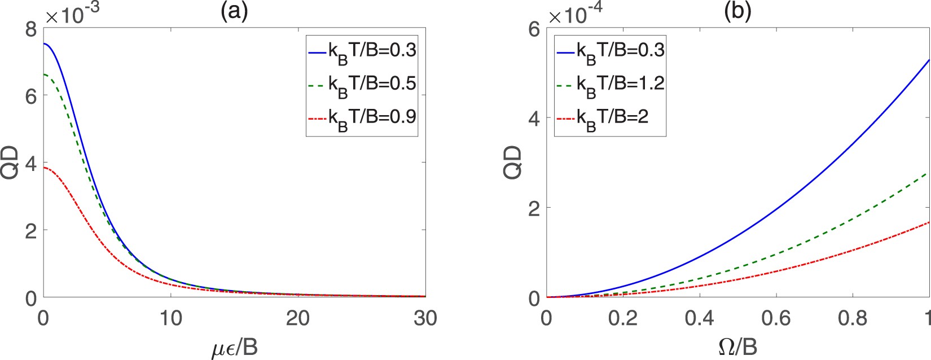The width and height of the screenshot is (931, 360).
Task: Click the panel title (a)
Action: click(234, 12)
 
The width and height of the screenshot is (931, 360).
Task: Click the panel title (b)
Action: click(737, 12)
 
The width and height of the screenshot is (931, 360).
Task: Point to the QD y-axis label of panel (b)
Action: click(513, 163)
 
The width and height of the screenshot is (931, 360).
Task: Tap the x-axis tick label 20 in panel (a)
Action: click(298, 319)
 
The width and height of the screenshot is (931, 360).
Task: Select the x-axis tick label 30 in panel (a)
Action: click(425, 319)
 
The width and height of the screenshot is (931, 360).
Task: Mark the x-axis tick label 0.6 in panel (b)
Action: click(776, 319)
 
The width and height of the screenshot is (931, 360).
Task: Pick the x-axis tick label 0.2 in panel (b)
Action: click(623, 319)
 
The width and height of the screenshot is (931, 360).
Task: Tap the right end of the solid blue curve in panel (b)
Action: click(929, 60)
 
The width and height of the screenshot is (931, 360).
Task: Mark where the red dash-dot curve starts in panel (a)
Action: click(44, 168)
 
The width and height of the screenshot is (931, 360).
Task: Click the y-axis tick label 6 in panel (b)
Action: click(534, 29)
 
